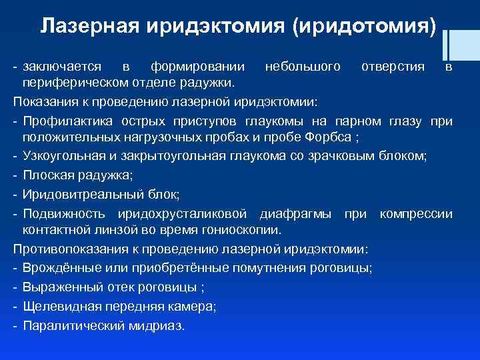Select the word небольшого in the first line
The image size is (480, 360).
point(303,67)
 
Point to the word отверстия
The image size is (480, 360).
point(393,67)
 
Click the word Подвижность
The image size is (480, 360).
point(64,213)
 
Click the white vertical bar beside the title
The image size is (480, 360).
point(445,39)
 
